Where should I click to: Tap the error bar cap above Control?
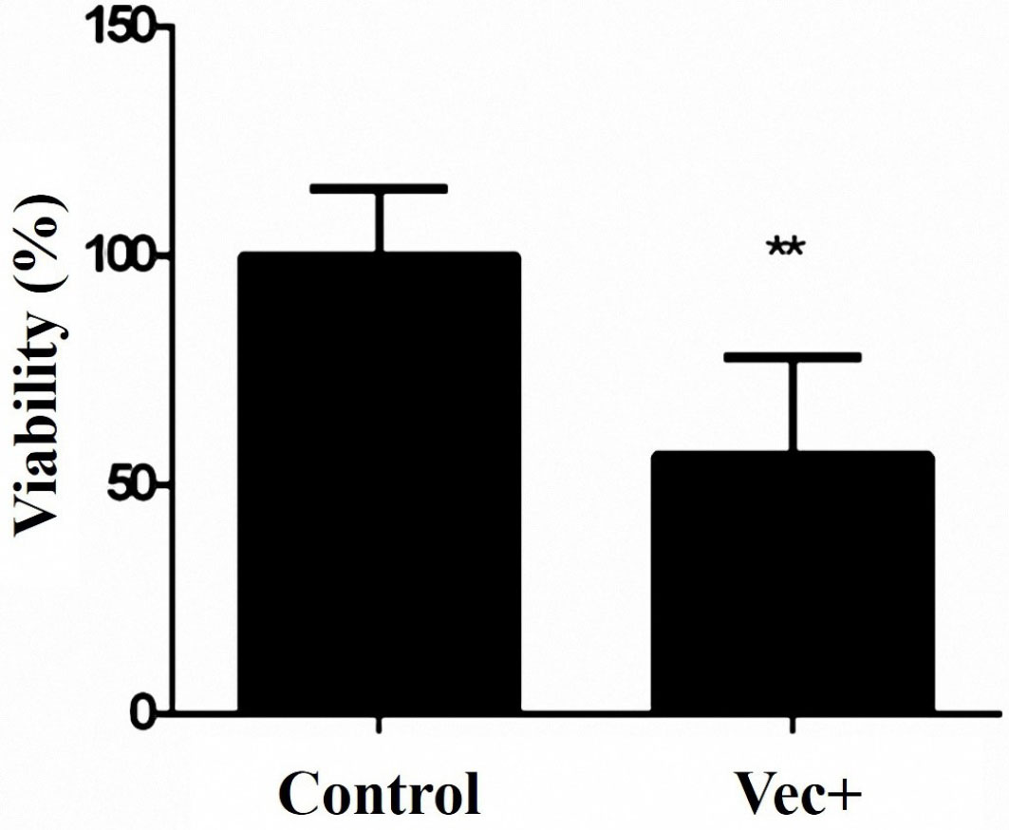[x=379, y=189]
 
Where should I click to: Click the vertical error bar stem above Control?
[x=379, y=221]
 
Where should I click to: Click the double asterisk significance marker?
[x=786, y=249]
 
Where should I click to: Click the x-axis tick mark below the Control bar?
[x=379, y=724]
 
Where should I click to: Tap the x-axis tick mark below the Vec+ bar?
[x=794, y=724]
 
